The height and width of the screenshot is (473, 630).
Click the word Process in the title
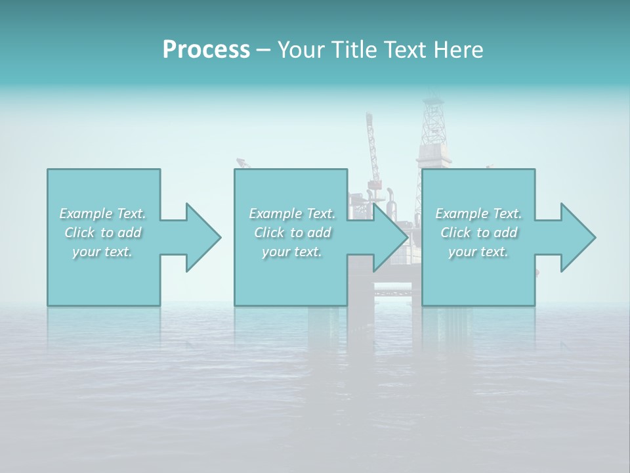pos(206,50)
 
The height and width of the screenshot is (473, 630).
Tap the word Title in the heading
pos(353,50)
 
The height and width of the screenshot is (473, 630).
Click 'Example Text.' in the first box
pos(102,214)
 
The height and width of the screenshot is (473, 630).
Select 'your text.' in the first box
pos(102,252)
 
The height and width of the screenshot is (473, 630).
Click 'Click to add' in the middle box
pos(292,233)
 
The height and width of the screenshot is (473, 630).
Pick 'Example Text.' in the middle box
pos(292,214)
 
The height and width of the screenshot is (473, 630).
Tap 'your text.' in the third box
pos(478,252)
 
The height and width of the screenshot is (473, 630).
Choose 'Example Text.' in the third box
pos(478,214)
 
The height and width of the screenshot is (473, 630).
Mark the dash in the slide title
pos(263,50)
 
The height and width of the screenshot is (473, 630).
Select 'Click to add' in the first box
pos(102,233)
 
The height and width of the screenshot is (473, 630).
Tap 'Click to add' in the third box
pos(478,233)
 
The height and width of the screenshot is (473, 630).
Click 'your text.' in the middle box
pos(292,252)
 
